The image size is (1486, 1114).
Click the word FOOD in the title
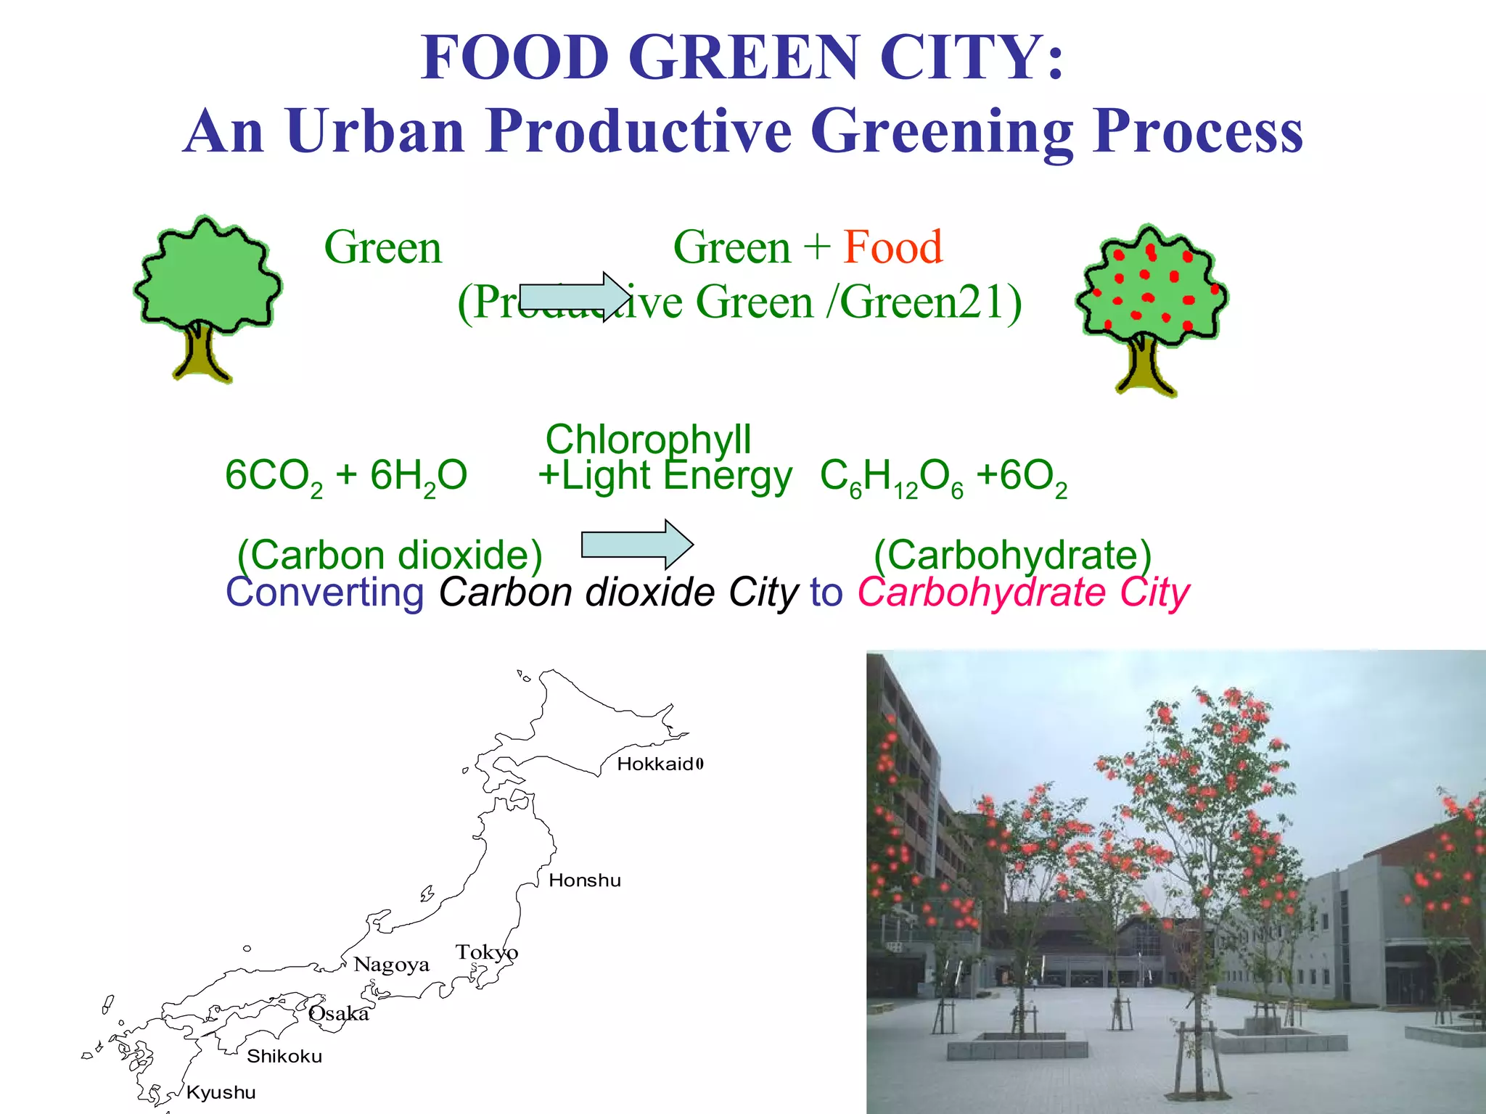pos(514,57)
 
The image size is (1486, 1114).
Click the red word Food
pos(892,247)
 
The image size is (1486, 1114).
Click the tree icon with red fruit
pos(1150,308)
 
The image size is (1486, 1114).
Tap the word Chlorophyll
pos(648,439)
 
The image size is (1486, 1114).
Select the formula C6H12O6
pos(892,478)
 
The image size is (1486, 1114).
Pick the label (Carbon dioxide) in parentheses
pos(390,555)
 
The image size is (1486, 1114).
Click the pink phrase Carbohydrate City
pos(1023,593)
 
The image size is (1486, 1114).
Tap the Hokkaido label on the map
pos(660,764)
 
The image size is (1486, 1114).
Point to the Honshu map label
pos(584,880)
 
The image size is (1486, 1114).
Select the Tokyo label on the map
pos(486,952)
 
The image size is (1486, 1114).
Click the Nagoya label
pos(391,965)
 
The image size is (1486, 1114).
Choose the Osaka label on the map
pos(339,1013)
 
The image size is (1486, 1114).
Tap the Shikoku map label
pos(284,1056)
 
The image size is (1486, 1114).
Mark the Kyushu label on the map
pos(221,1092)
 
